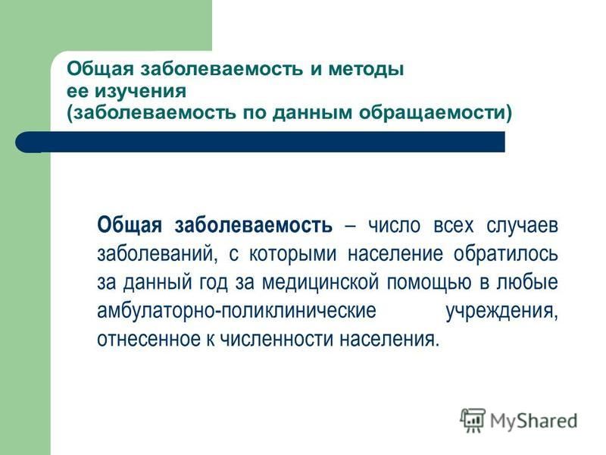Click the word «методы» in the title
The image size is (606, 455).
pos(366,70)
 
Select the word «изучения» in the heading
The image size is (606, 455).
pos(141,92)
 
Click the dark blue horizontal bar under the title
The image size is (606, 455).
pos(260,142)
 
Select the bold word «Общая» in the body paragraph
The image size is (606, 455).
pos(130,225)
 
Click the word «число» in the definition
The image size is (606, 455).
pos(394,225)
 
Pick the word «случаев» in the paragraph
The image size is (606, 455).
pos(522,225)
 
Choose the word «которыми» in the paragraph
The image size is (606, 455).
pos(292,255)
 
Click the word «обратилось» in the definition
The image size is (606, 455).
pos(505,254)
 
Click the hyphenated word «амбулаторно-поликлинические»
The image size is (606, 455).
pos(236,311)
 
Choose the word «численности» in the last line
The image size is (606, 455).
pos(276,339)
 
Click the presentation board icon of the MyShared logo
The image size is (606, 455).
pos(472,420)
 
